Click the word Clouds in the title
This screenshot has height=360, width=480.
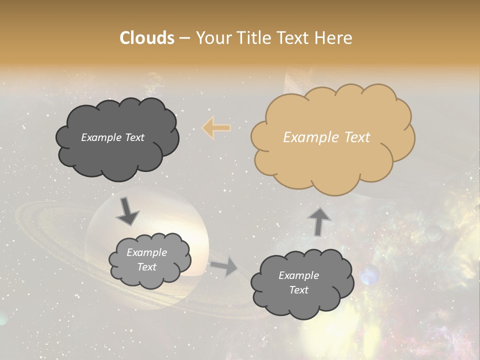coord(147,38)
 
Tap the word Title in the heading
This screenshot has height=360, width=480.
coord(253,38)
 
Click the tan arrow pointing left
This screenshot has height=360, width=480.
coord(216,128)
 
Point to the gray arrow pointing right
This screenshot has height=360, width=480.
coord(224,267)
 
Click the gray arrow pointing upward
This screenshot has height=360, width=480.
coord(318,221)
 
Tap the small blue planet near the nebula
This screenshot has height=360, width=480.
coord(369,275)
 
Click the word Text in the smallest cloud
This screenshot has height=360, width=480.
coord(146,267)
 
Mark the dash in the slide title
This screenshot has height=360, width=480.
coord(183,38)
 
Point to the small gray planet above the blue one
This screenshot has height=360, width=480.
coord(433,232)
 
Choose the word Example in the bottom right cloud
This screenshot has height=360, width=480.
coord(298,275)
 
